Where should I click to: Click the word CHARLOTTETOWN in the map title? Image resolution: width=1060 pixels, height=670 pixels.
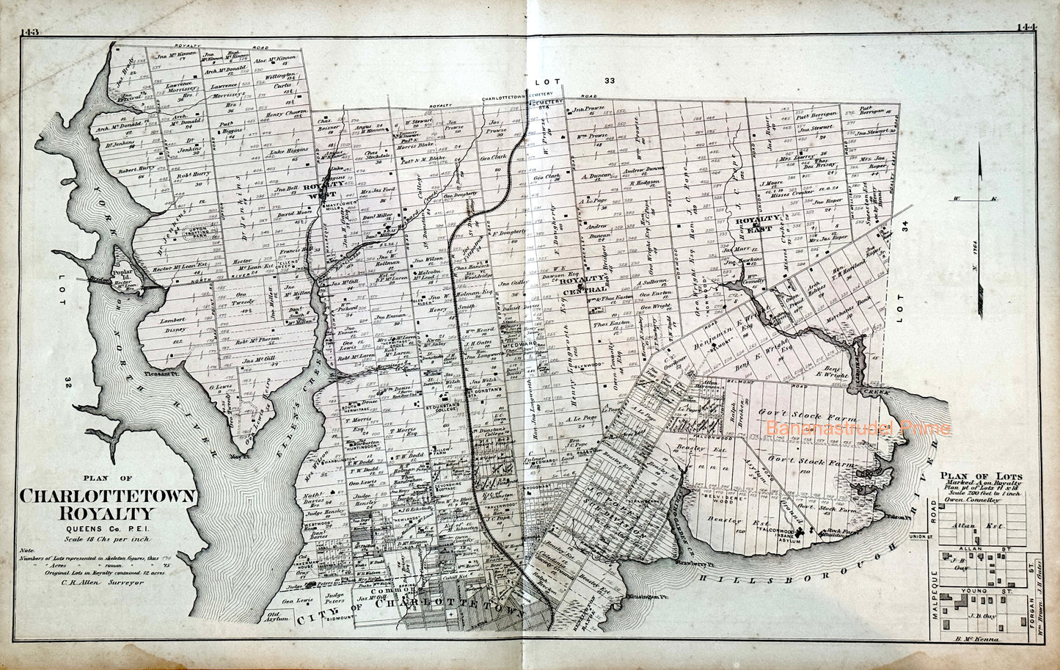[x=109, y=496]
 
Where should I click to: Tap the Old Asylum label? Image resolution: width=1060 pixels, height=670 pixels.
[x=274, y=617]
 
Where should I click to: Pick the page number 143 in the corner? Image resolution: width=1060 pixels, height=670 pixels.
[x=33, y=31]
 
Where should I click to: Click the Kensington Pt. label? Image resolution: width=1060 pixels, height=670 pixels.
[x=644, y=600]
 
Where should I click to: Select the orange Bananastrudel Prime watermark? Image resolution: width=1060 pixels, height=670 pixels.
[x=858, y=428]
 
